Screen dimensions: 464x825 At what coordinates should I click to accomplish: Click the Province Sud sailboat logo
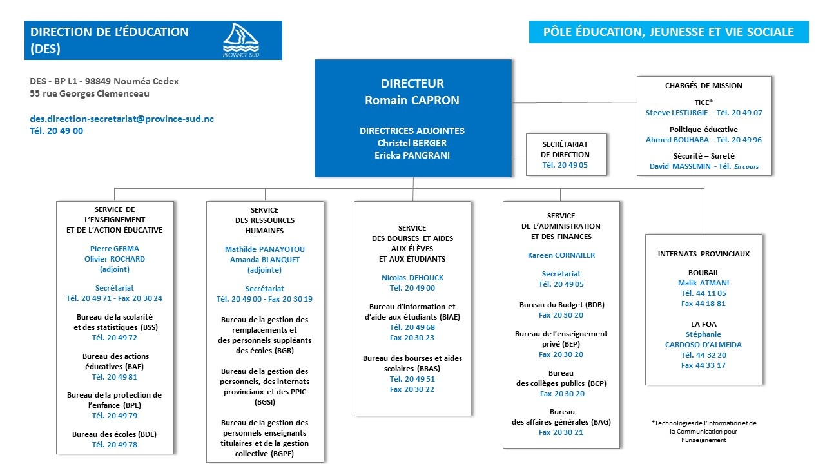[241, 40]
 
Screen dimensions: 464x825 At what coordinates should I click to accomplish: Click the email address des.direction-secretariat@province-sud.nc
[122, 119]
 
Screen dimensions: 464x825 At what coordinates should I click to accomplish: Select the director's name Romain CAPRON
[412, 100]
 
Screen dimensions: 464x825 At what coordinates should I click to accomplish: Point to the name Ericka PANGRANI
[412, 155]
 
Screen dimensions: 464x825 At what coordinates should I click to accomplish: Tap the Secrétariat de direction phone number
[565, 165]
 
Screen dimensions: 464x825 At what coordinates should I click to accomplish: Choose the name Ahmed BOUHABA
[677, 140]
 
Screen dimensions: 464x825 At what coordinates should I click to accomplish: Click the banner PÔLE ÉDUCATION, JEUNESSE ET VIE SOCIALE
[668, 32]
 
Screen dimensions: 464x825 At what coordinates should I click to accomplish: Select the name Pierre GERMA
[115, 248]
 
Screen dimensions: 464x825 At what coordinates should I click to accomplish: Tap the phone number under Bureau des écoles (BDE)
[115, 445]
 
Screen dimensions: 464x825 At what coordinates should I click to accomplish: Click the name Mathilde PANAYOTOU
[264, 249]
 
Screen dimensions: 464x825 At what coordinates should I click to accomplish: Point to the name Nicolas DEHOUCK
[412, 278]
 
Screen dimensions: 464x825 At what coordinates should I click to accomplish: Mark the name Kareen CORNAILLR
[561, 255]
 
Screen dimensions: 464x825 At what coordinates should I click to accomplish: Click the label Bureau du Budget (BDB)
[561, 305]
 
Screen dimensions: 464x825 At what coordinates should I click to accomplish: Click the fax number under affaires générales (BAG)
[561, 432]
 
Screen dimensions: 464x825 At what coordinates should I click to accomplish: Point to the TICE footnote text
[703, 431]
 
